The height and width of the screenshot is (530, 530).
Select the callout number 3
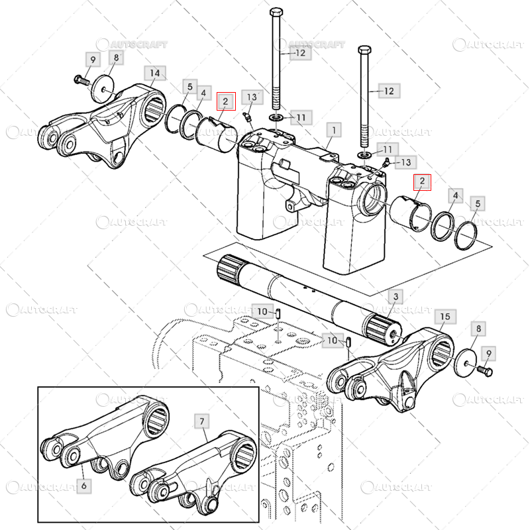coord(396,295)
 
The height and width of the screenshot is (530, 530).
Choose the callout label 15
coord(445,317)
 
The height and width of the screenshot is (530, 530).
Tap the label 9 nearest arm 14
coord(93,60)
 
